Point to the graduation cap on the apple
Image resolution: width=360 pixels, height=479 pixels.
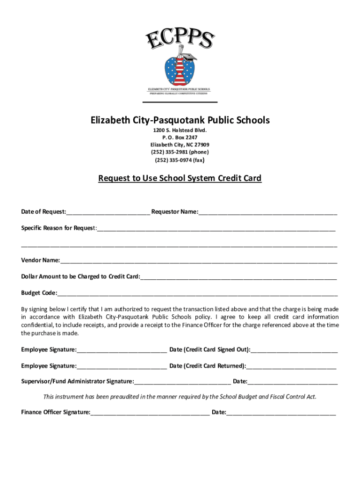[x=189, y=57]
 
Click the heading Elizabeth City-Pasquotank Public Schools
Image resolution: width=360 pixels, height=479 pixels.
[x=180, y=120]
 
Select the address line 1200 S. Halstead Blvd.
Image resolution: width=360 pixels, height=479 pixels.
[x=180, y=130]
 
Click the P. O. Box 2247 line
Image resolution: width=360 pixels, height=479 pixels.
[x=180, y=137]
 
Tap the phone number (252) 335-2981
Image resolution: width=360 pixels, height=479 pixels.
[x=180, y=152]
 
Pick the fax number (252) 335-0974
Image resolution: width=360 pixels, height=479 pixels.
[x=180, y=160]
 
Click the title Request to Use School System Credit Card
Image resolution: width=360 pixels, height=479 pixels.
[x=180, y=178]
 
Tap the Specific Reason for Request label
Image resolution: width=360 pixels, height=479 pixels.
[x=58, y=228]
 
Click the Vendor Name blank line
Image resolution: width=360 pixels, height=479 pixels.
[x=198, y=261]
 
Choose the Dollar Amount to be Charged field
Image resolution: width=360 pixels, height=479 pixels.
[x=238, y=277]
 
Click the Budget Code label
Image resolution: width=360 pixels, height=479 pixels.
[x=39, y=293]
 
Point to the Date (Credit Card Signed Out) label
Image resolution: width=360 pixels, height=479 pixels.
[x=209, y=349]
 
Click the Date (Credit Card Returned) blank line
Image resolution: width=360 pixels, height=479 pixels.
[x=291, y=366]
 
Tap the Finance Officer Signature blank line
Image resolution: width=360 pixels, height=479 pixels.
[x=150, y=413]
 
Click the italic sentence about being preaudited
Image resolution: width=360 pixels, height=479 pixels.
[x=180, y=397]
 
